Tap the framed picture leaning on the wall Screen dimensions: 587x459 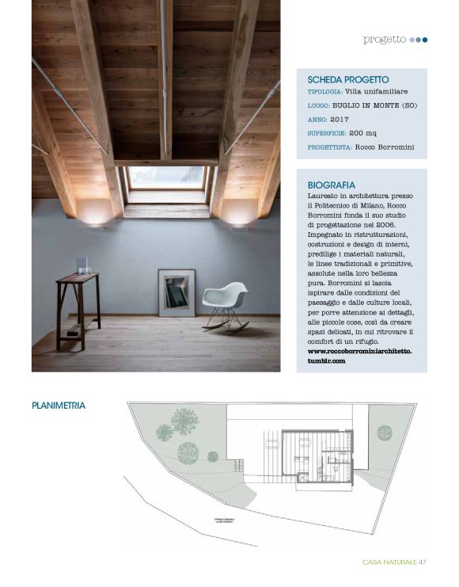click(x=176, y=292)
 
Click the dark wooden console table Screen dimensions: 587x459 click(x=77, y=306)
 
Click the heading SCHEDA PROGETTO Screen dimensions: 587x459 click(x=347, y=80)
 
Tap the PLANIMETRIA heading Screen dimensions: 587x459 click(x=59, y=406)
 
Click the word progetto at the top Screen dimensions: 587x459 click(x=385, y=39)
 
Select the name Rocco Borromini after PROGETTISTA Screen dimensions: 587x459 click(x=384, y=147)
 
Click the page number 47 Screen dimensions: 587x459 click(x=423, y=562)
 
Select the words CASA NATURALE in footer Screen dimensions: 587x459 click(x=389, y=562)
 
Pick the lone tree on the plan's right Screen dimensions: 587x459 click(x=384, y=433)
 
